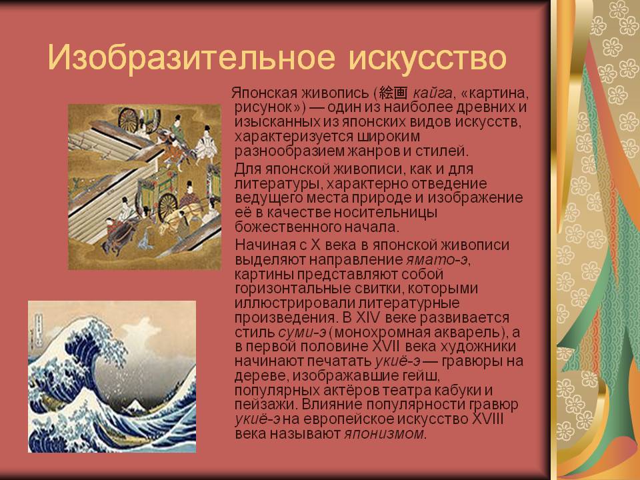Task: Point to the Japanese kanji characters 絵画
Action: [x=393, y=93]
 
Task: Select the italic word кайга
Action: [x=432, y=93]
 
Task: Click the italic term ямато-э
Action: [x=436, y=259]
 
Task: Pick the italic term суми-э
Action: [x=302, y=332]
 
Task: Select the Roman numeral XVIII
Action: [x=487, y=419]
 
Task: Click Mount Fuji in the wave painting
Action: [x=133, y=405]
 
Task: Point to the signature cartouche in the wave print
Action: [x=39, y=328]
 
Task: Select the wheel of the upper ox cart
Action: [x=128, y=119]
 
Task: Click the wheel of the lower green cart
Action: [x=167, y=207]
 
